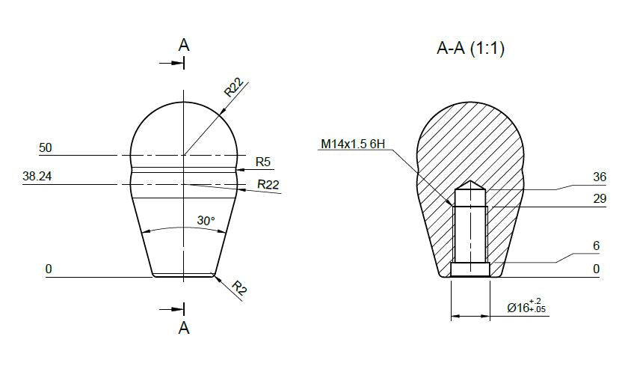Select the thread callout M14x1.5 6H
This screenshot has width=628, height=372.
354,144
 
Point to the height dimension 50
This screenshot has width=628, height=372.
45,148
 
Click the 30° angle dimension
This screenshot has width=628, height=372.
206,221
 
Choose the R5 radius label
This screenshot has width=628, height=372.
263,161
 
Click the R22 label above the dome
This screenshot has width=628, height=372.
234,89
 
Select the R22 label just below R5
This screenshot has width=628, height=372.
268,183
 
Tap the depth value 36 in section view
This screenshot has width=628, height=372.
599,177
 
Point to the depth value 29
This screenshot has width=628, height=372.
599,200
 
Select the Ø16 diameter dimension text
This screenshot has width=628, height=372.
526,307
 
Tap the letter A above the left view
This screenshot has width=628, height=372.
184,45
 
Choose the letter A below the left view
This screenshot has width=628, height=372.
184,327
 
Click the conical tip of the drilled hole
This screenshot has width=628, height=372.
470,184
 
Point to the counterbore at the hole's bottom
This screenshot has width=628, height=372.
470,268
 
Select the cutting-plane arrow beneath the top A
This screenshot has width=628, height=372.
172,63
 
